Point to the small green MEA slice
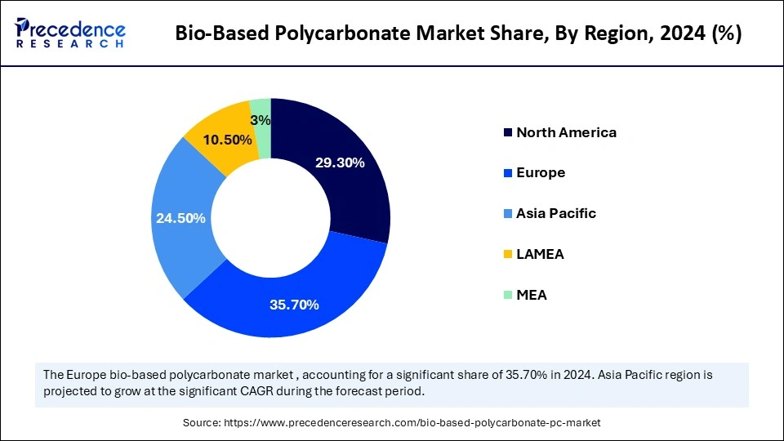[261, 110]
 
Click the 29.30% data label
[339, 163]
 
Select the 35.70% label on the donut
[294, 305]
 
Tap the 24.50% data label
[180, 218]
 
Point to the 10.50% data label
[227, 140]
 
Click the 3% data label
[261, 120]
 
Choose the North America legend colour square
[509, 132]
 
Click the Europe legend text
[541, 173]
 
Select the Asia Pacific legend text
[556, 213]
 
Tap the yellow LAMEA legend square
[509, 254]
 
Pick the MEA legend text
[532, 295]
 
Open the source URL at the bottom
[391, 422]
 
